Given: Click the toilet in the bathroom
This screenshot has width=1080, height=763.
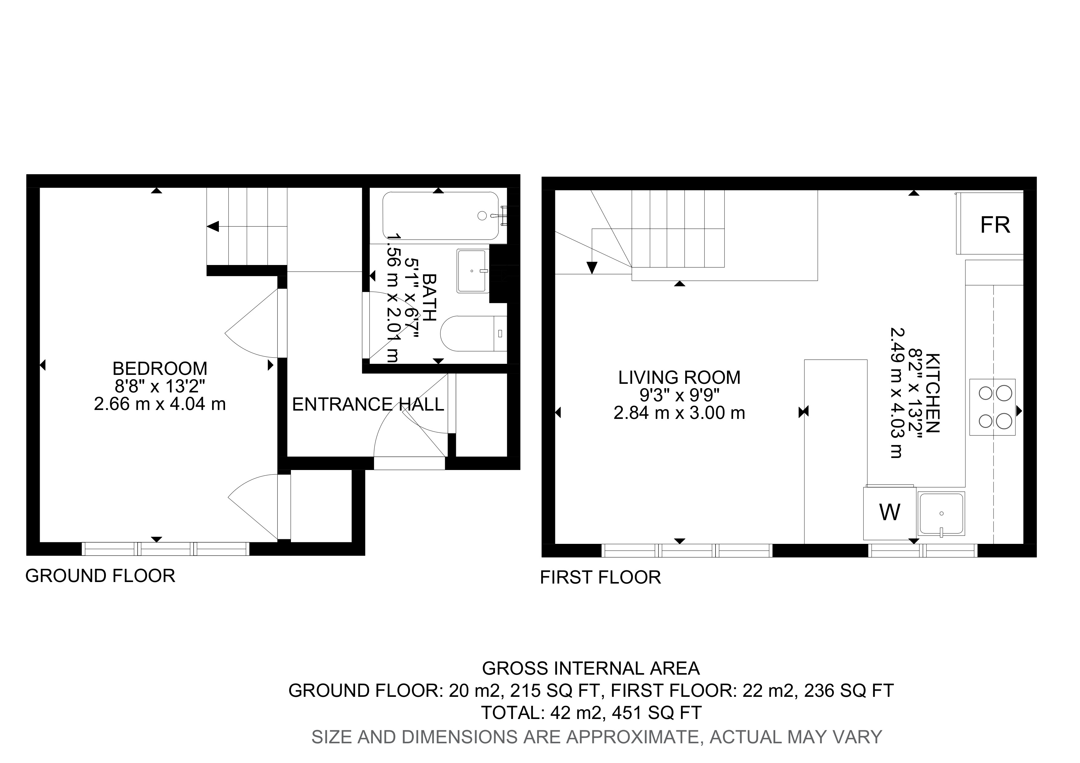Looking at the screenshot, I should coord(473,333).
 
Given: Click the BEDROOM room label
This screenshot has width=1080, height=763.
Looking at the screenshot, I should coord(160,368).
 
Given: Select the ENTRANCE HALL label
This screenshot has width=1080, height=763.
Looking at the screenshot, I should coord(368,404).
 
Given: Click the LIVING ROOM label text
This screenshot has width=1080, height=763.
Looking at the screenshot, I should coord(679,378).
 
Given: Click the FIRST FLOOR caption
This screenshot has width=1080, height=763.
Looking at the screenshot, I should coord(600,577).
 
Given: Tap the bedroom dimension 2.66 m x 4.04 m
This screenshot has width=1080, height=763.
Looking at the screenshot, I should coord(160,404).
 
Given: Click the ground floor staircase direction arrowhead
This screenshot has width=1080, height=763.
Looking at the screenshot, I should coord(213,227).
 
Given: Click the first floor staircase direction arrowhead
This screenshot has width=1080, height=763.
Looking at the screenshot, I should coord(592,267).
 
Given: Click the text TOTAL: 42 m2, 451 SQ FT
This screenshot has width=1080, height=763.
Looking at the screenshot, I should coord(591,713).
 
